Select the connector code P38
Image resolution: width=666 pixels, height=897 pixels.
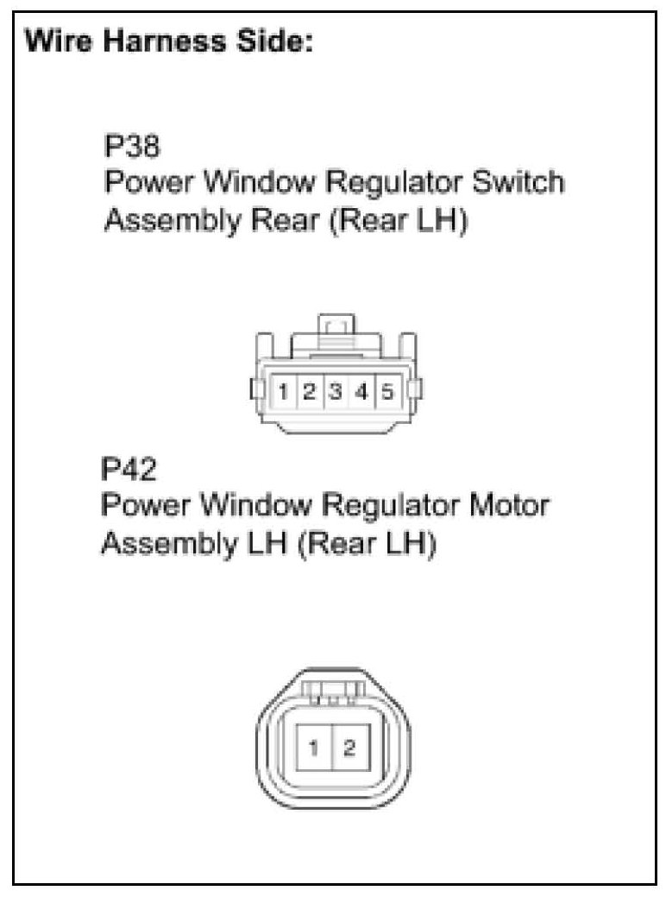pyautogui.click(x=131, y=148)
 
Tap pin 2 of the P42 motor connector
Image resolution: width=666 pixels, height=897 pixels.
pyautogui.click(x=349, y=748)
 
